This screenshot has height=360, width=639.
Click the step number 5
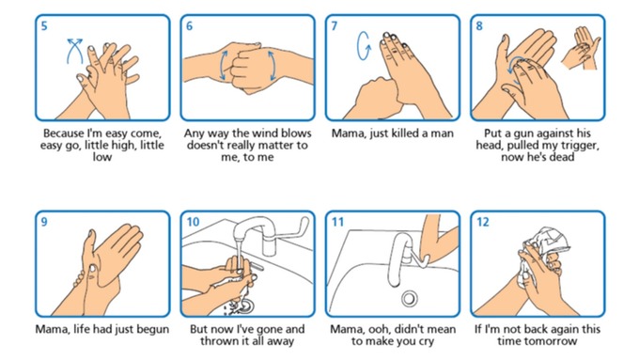[44, 26]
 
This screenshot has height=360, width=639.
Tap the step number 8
[479, 26]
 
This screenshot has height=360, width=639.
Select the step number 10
[193, 222]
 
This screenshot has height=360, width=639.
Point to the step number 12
[482, 222]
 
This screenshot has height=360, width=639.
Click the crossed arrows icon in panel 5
[74, 51]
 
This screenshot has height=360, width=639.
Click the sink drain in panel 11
[409, 299]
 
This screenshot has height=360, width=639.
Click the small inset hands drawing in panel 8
[582, 48]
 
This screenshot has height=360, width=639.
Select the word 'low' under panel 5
[101, 157]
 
